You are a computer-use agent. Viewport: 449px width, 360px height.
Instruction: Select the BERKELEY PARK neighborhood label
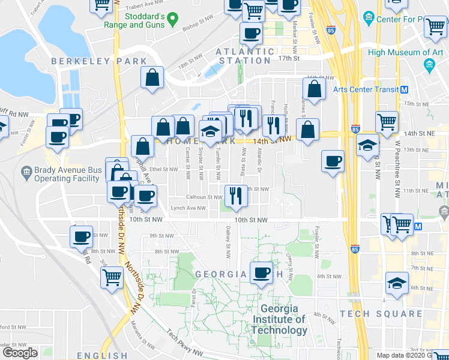tap(99, 61)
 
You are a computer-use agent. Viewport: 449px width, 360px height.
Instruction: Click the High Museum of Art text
tap(406, 52)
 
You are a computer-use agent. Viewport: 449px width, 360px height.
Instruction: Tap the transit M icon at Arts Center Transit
tap(405, 89)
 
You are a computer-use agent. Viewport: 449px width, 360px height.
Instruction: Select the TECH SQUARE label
tap(381, 314)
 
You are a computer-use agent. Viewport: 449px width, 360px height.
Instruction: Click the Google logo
tap(20, 353)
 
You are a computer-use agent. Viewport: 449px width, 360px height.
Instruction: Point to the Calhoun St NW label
tap(207, 197)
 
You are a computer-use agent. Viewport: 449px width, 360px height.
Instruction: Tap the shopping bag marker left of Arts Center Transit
tap(315, 89)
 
